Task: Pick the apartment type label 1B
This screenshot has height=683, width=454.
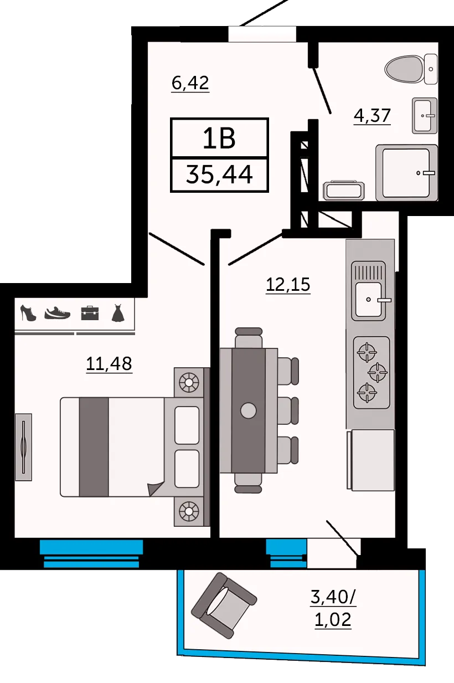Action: tap(220, 138)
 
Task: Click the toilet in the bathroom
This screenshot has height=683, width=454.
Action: tap(411, 69)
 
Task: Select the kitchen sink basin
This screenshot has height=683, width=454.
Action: tap(368, 299)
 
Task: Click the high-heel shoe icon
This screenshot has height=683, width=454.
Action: tap(28, 313)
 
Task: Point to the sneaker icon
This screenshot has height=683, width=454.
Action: tap(58, 313)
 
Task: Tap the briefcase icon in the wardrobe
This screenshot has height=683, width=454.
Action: tap(89, 313)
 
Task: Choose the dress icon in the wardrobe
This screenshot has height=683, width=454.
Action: tap(118, 313)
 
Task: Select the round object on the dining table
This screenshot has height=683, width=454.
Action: tap(248, 410)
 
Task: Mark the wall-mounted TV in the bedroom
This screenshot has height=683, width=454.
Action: tap(23, 446)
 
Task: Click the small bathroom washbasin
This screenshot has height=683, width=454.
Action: tap(425, 115)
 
